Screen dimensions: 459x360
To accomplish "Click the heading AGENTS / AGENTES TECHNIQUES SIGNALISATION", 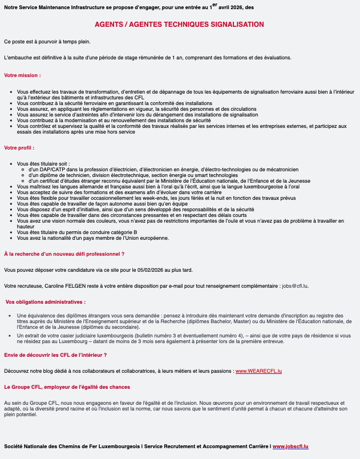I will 179,25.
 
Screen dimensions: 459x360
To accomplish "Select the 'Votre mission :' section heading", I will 22,75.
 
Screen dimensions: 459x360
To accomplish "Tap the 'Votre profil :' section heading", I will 19,147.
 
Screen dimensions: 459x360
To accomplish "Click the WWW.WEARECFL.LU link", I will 259,372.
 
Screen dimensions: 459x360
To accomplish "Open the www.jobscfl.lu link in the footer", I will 290,446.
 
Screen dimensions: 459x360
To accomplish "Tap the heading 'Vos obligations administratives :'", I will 46,301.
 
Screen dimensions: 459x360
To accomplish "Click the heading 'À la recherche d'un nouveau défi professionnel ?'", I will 64,253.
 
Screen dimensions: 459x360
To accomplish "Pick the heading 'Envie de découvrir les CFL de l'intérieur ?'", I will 55,355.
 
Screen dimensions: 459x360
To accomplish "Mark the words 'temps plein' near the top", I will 76,42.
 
